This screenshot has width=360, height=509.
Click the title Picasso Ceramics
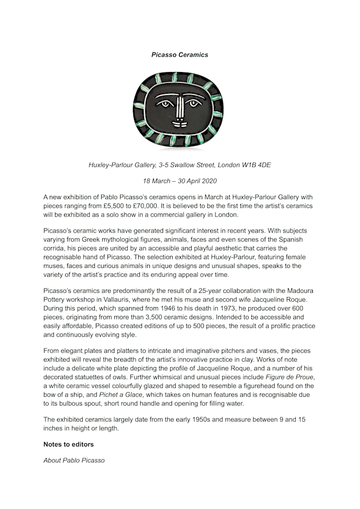(179, 55)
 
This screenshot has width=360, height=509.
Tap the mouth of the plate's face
(179, 125)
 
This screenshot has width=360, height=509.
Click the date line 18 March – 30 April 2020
(179, 181)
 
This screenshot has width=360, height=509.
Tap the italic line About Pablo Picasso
(74, 460)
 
